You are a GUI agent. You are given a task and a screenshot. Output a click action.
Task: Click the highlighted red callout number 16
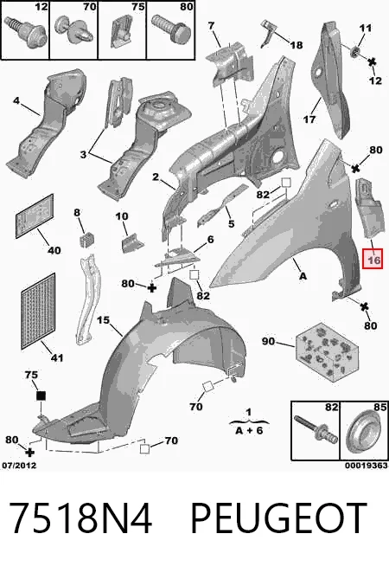point(373,260)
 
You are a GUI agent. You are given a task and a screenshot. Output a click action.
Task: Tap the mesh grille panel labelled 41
point(39,312)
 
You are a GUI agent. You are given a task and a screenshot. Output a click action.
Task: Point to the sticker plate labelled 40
point(35,215)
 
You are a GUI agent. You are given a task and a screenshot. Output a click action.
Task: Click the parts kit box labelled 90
point(328,351)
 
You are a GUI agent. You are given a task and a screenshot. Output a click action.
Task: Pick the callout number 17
point(309,119)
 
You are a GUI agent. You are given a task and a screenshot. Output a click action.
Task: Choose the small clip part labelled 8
point(86,240)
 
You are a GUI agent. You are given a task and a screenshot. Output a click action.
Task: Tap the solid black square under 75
point(41,396)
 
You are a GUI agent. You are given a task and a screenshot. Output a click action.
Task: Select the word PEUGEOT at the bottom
point(278,518)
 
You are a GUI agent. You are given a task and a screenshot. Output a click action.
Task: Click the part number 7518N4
point(80,518)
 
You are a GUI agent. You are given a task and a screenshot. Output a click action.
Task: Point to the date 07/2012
point(20,466)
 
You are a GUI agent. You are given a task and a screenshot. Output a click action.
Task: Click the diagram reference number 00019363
point(367,466)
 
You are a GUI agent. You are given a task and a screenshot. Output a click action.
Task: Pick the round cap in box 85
point(365,431)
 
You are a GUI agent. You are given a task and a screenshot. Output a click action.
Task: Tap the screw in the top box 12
point(26,33)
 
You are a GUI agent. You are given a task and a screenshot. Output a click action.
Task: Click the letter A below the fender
point(303,276)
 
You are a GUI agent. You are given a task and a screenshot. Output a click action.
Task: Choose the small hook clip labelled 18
point(267,33)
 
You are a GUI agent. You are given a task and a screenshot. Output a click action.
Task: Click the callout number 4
point(16,100)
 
